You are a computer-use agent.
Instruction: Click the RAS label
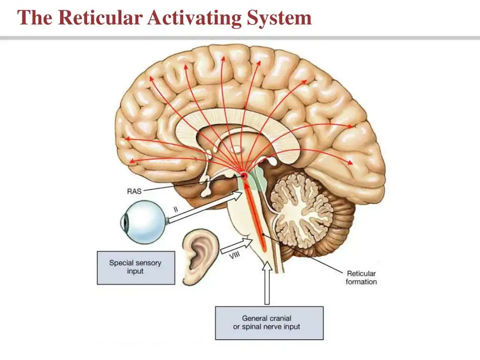134,191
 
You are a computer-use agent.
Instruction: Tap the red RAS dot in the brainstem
244,176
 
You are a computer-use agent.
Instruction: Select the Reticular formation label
361,277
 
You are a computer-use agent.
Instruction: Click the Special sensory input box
136,268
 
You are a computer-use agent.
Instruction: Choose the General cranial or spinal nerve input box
269,323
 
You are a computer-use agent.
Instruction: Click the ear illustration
200,257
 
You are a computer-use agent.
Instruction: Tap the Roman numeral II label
176,210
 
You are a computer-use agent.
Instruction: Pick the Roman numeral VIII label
235,255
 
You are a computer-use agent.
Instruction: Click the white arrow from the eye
205,207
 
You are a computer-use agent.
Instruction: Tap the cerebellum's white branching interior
304,212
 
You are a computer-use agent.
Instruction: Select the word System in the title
279,18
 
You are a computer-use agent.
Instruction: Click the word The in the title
34,17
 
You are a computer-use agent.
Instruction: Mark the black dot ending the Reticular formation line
263,234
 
